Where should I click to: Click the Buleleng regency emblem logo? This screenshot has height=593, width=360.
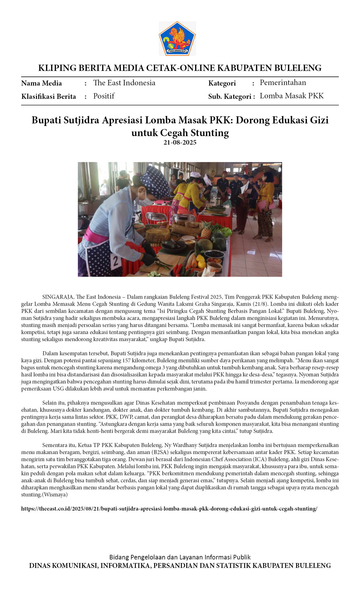[177, 38]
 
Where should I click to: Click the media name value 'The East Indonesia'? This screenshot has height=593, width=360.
[124, 83]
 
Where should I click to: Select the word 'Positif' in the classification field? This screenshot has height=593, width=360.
[104, 96]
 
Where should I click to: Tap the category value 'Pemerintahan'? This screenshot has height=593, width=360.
[283, 82]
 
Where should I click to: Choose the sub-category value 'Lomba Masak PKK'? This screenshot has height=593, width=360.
[291, 96]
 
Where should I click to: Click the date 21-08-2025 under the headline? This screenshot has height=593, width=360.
[180, 142]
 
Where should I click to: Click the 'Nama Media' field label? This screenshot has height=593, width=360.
[42, 83]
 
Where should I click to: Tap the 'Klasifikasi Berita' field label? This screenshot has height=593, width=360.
[49, 96]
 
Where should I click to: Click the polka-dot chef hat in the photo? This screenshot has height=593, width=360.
[152, 178]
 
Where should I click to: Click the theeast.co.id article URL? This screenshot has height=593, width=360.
[169, 509]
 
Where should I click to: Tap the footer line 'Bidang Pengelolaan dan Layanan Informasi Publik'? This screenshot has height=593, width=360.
[180, 557]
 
